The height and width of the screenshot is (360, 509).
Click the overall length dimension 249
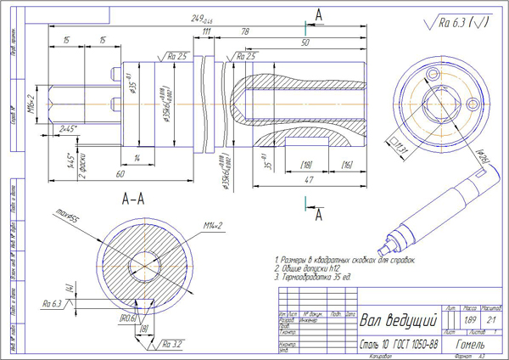201,17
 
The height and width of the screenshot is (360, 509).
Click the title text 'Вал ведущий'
398,321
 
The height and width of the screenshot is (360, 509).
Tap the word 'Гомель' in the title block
470,346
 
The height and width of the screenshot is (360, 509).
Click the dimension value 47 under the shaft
309,181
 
